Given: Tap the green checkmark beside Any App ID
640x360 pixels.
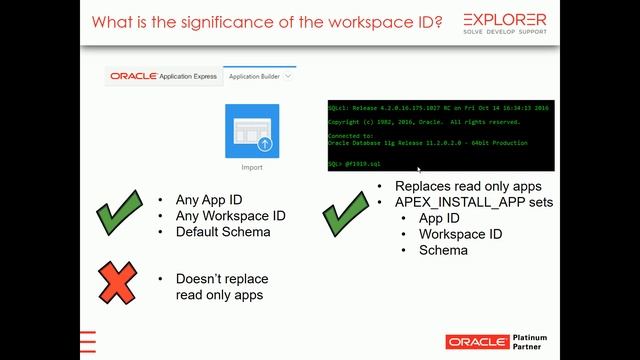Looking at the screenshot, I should pyautogui.click(x=118, y=214).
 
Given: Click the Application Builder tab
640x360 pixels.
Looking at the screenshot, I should pyautogui.click(x=259, y=76).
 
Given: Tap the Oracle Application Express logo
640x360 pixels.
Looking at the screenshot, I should pyautogui.click(x=165, y=76).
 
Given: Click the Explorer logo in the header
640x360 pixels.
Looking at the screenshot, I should pyautogui.click(x=504, y=22).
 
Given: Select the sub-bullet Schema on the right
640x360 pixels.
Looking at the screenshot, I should pyautogui.click(x=443, y=250).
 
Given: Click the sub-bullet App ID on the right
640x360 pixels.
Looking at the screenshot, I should pyautogui.click(x=439, y=218).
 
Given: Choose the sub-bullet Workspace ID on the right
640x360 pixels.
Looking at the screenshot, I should pyautogui.click(x=460, y=234).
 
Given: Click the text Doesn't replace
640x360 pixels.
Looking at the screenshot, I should pyautogui.click(x=221, y=278).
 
